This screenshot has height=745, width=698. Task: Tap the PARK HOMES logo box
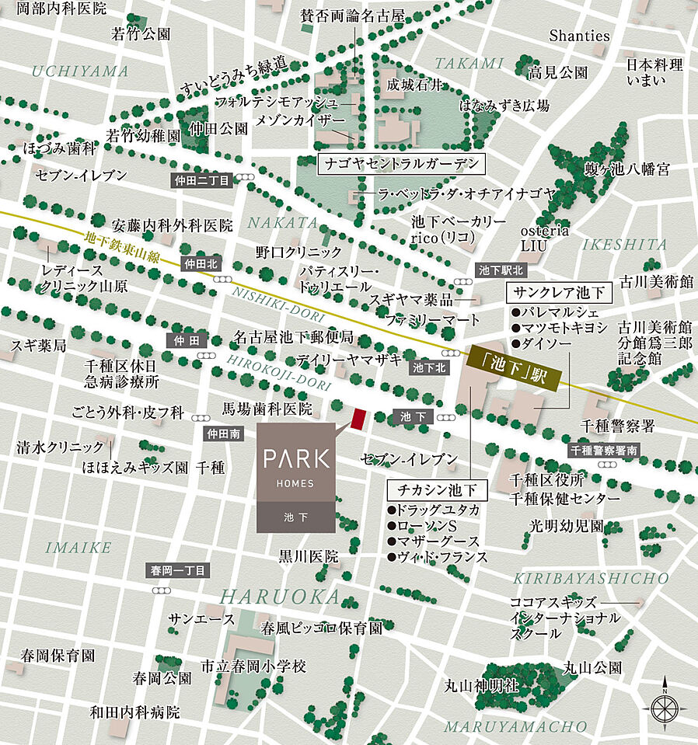(295, 478)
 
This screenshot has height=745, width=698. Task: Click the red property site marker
(358, 419)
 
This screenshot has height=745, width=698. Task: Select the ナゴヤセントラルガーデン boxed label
(401, 165)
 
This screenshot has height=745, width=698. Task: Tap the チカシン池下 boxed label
(437, 490)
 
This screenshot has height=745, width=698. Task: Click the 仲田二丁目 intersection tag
(201, 180)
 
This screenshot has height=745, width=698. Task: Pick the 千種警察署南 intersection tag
(603, 450)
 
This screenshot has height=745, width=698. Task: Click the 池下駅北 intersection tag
(501, 270)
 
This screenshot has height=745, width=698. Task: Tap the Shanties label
(579, 35)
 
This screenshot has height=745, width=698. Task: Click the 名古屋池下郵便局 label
(294, 337)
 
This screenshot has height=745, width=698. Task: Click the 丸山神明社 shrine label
(481, 685)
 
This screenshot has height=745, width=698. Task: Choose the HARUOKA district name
(280, 597)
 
